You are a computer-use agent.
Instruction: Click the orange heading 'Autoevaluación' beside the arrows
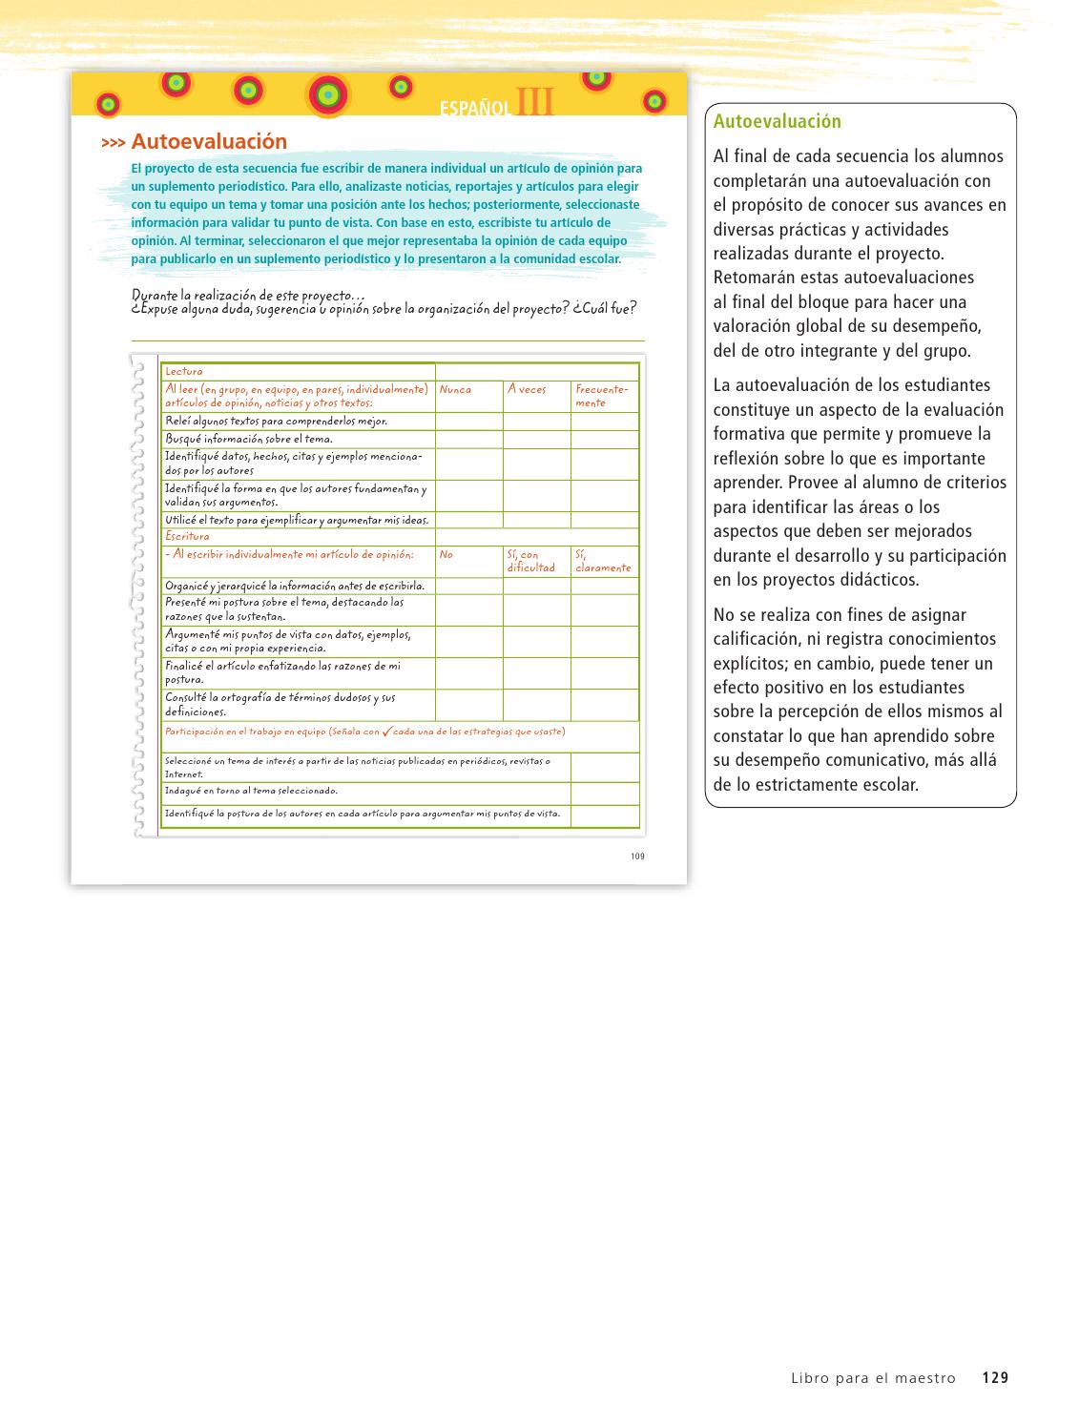pyautogui.click(x=208, y=142)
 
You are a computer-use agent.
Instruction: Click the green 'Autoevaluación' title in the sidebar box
pyautogui.click(x=777, y=122)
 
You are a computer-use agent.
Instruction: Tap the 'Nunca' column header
pyautogui.click(x=455, y=390)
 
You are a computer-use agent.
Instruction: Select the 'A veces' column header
pyautogui.click(x=527, y=389)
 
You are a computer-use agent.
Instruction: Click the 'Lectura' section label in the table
pyautogui.click(x=183, y=371)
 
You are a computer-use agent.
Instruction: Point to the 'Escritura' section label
pyautogui.click(x=187, y=536)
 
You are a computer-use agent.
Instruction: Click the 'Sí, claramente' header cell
pyautogui.click(x=603, y=561)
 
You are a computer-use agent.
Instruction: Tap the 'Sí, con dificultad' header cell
pyautogui.click(x=531, y=561)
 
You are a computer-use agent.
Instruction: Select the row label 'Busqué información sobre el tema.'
pyautogui.click(x=249, y=439)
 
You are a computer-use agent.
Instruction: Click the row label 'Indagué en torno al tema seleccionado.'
pyautogui.click(x=251, y=791)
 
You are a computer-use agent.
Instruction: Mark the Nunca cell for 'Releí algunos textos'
pyautogui.click(x=468, y=421)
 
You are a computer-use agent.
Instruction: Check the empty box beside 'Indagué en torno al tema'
pyautogui.click(x=604, y=793)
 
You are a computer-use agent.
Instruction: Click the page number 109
pyautogui.click(x=637, y=856)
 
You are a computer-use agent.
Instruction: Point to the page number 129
pyautogui.click(x=995, y=1377)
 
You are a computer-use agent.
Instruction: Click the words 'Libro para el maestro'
pyautogui.click(x=872, y=1377)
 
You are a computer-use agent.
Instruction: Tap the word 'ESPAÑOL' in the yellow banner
pyautogui.click(x=476, y=109)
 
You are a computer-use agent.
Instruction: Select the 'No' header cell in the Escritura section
pyautogui.click(x=446, y=554)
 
